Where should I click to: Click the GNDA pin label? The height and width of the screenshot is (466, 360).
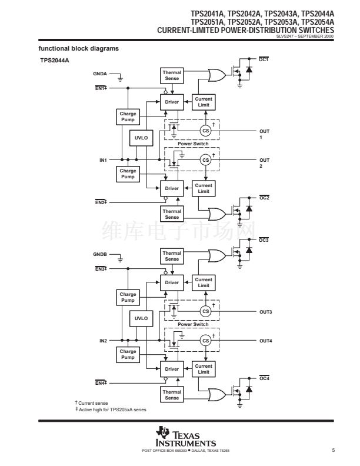tap(100, 74)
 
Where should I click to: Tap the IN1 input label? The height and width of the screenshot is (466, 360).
tap(103, 160)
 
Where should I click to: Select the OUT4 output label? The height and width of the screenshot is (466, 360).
tap(265, 341)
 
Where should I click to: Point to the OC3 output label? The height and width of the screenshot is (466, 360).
tap(264, 240)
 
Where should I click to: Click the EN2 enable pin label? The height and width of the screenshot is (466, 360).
tap(101, 202)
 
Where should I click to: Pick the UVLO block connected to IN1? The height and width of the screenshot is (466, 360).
tap(141, 138)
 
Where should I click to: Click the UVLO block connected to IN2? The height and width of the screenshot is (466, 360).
tap(141, 318)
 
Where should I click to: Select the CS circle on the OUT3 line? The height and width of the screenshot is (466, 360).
tap(205, 311)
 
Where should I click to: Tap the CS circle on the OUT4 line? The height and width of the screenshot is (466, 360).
tap(205, 341)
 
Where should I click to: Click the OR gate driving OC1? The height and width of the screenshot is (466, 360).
tap(217, 75)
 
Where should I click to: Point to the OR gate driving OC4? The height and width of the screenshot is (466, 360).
tap(217, 395)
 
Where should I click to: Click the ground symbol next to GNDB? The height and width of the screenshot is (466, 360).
tap(120, 259)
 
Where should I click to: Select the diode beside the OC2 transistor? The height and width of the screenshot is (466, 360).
tap(249, 208)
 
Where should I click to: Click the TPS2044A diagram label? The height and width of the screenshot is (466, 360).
tap(55, 61)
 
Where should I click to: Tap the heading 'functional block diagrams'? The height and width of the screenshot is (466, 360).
tap(79, 48)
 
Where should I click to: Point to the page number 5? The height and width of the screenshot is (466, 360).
tap(334, 450)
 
